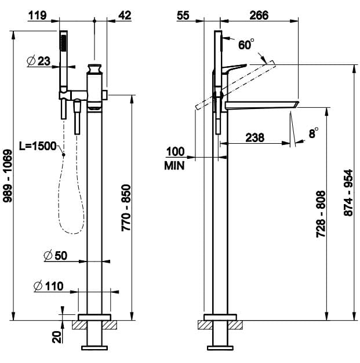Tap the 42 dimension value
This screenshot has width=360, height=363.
pyautogui.click(x=124, y=16)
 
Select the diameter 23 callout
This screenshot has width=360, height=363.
pyautogui.click(x=39, y=61)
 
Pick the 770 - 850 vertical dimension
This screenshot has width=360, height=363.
pyautogui.click(x=126, y=208)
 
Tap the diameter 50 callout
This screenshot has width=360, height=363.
pyautogui.click(x=56, y=256)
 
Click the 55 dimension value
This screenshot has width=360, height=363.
pyautogui.click(x=184, y=16)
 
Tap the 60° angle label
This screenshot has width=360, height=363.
pyautogui.click(x=246, y=44)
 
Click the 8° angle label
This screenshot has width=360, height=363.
pyautogui.click(x=314, y=133)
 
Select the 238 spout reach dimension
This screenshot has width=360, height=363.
pyautogui.click(x=254, y=137)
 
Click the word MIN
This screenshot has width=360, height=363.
pyautogui.click(x=174, y=166)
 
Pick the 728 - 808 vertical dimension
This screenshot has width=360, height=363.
pyautogui.click(x=322, y=213)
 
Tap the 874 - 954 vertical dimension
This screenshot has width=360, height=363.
pyautogui.click(x=348, y=193)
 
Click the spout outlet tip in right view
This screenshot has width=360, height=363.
pyautogui.click(x=294, y=104)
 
